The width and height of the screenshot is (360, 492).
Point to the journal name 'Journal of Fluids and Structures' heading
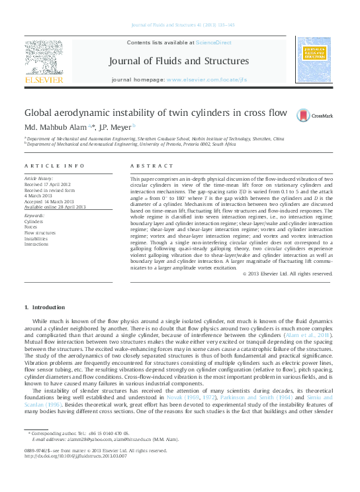[x=179, y=61]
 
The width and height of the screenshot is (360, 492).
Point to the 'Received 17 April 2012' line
[x=49, y=183]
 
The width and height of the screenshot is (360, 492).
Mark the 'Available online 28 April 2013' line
[x=55, y=207]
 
